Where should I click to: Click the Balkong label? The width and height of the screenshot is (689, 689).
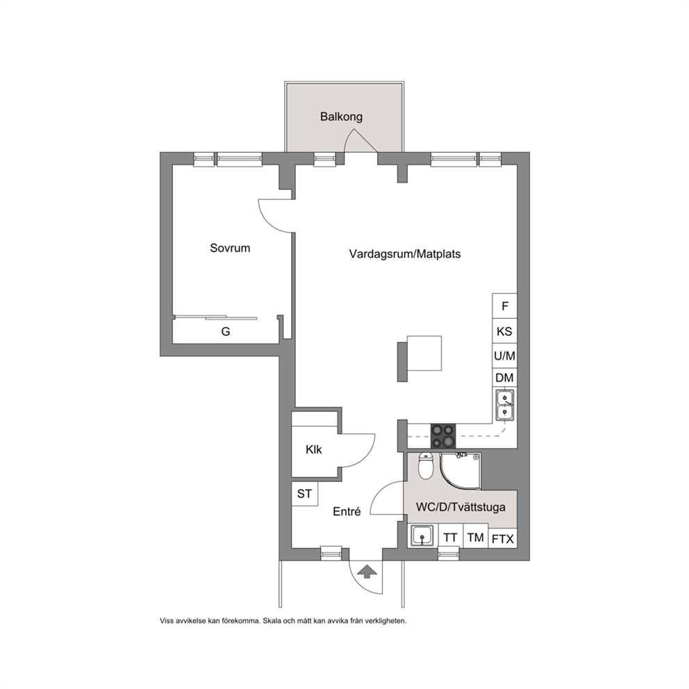coord(342,117)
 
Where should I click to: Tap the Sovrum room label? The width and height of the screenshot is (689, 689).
coord(230,248)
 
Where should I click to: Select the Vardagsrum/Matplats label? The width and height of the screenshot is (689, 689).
coord(405,254)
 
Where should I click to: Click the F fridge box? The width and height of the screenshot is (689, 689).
coord(504,306)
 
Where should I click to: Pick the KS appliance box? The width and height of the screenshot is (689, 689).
coord(504,331)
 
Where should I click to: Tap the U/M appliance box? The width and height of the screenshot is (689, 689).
coord(504,356)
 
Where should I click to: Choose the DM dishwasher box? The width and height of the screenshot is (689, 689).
coord(504,378)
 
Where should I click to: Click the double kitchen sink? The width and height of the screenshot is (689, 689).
coord(504,405)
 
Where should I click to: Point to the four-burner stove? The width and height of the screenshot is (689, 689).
coord(443,436)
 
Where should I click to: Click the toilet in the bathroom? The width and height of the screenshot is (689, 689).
coord(425,467)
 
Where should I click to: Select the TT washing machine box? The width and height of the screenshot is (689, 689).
coord(451,536)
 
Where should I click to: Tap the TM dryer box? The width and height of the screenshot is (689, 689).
coord(476,536)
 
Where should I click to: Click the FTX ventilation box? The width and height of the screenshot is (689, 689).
coord(503,538)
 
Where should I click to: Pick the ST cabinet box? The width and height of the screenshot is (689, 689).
coord(304,494)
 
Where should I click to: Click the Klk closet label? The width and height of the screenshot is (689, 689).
coord(314,449)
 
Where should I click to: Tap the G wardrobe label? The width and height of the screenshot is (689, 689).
coord(226,331)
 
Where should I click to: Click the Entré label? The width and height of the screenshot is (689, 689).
coord(347,511)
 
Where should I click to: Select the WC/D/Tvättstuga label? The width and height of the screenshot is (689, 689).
coord(460,507)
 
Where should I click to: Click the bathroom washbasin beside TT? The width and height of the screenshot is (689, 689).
coord(423,536)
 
